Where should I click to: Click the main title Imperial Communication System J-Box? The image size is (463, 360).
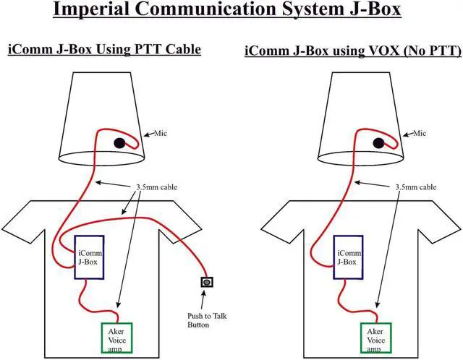pos(230,13)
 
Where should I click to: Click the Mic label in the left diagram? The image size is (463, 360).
pos(158,133)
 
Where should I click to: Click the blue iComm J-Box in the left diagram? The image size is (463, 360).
pos(90,257)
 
